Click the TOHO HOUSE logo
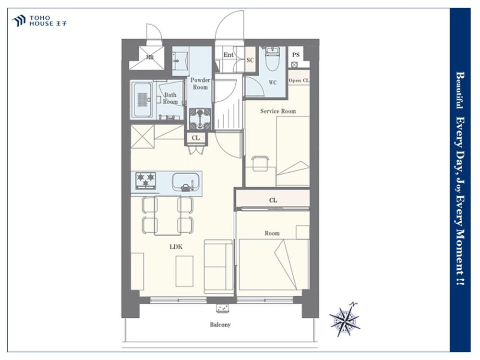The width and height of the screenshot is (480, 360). (39, 21)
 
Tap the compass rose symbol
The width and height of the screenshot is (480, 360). (345, 320)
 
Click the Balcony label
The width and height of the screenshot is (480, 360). (220, 324)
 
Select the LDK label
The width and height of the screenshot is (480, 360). (176, 246)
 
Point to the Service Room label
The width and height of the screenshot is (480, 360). (278, 111)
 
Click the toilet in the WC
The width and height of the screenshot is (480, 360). (271, 59)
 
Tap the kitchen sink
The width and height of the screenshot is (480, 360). (186, 182)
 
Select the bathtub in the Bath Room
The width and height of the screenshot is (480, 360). (143, 100)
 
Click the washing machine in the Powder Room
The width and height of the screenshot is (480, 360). (200, 119)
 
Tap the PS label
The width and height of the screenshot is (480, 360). (295, 55)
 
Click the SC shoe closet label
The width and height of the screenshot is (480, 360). (250, 60)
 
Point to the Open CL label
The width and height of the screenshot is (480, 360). (299, 81)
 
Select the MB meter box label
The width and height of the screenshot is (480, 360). (150, 57)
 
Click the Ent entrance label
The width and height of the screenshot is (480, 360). (228, 55)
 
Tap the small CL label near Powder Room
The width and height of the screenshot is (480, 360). (196, 138)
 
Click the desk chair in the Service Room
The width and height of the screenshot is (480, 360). (260, 163)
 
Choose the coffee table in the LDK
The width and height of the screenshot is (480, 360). (185, 271)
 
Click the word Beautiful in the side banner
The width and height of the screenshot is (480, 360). (459, 90)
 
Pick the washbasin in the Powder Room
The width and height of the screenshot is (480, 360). (180, 61)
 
